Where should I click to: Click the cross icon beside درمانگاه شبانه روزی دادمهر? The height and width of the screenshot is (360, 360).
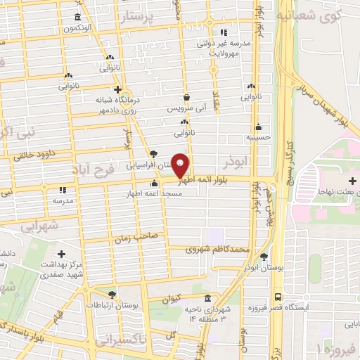coord(117,89)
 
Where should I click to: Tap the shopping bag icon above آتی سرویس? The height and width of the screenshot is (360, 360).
coord(186,98)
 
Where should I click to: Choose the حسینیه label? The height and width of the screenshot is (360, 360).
coord(258,137)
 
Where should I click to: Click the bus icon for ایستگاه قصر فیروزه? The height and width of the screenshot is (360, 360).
coord(278,297)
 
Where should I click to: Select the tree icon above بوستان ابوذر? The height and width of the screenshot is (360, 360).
coord(264,257)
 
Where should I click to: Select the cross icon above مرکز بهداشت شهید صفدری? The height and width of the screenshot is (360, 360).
coord(61,254)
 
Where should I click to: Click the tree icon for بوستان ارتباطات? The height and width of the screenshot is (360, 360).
coord(112,295)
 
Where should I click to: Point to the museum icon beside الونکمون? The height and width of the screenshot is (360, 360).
coord(77,18)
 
